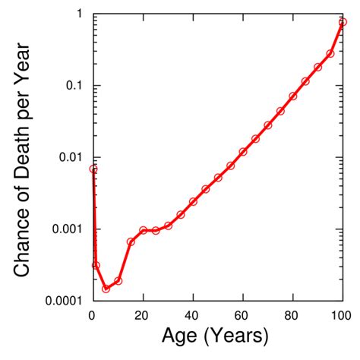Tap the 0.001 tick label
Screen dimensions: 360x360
pos(64,229)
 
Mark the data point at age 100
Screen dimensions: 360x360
pos(343,22)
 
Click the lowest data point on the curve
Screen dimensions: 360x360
pos(106,289)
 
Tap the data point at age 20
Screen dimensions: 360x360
pos(143,230)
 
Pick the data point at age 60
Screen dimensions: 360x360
pos(243,152)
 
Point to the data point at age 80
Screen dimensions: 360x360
pos(293,96)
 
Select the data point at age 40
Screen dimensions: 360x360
pos(193,201)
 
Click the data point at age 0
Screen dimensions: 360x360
pos(93,169)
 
